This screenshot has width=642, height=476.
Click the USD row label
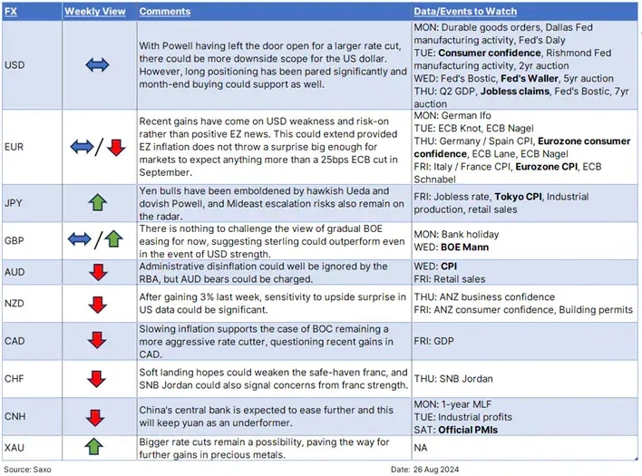[x=15, y=65]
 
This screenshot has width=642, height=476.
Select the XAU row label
[x=15, y=447]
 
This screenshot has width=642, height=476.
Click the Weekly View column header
[x=96, y=11]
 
